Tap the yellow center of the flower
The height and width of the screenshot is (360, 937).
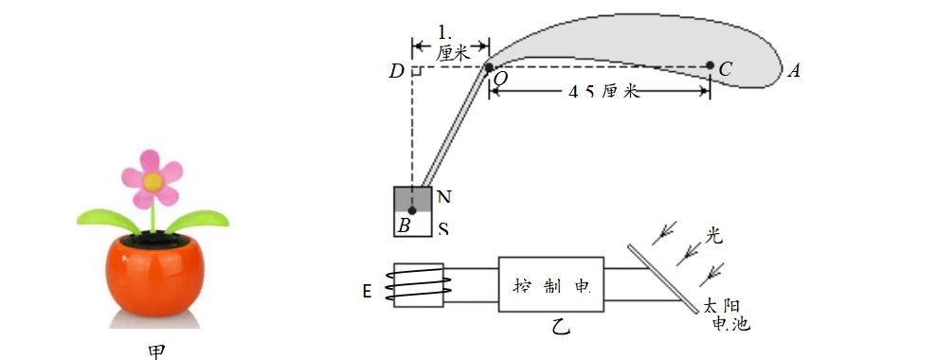152,179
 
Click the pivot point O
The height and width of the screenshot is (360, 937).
489,67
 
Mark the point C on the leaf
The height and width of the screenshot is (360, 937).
710,66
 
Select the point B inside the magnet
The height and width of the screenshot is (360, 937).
412,210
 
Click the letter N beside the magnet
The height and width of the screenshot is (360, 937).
443,197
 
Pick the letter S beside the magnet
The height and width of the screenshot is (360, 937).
443,228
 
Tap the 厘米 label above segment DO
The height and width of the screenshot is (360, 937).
453,54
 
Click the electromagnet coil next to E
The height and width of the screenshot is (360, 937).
418,285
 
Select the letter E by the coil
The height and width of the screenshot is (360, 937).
367,291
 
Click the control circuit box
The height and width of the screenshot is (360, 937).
551,283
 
